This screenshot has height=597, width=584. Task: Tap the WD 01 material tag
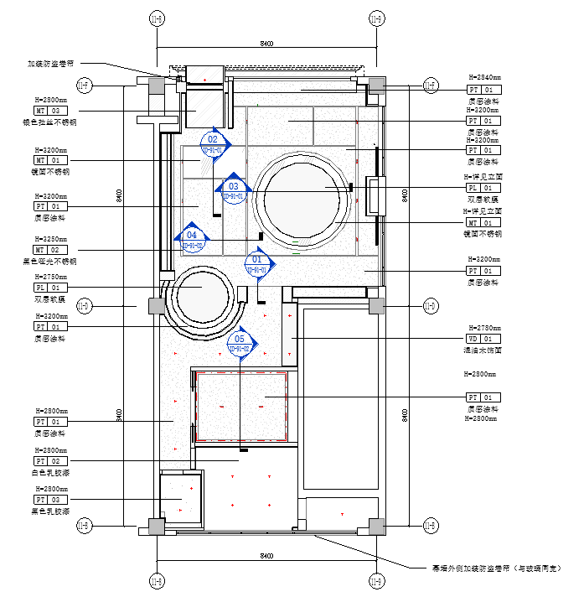pos(483,339)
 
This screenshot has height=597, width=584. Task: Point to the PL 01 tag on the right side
pos(483,189)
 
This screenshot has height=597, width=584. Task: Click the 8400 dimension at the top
pos(266,43)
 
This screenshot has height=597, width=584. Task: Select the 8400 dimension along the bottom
pos(266,556)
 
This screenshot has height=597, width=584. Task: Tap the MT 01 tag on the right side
pos(483,222)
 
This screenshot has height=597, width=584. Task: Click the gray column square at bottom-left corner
pos(157,526)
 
